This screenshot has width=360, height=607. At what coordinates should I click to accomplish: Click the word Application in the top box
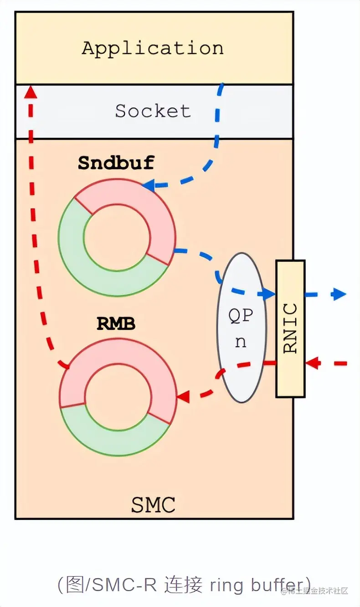coord(153,48)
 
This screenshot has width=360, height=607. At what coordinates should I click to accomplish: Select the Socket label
coord(153,111)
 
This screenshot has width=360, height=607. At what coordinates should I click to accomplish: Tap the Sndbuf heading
coord(116,163)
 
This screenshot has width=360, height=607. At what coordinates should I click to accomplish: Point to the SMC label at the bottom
coord(153,505)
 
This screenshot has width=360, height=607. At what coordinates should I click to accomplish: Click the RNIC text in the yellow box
coord(290,328)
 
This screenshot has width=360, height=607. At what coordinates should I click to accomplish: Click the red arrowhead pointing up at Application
coord(31,92)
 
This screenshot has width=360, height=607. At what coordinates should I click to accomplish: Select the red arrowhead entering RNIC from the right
coord(312,363)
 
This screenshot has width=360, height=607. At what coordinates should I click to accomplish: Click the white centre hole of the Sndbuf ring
coord(117,237)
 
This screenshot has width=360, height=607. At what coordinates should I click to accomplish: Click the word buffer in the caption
coord(275,585)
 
